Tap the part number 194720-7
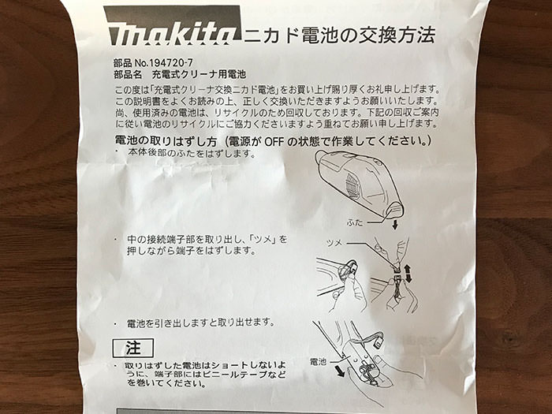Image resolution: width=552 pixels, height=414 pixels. (x=171, y=63)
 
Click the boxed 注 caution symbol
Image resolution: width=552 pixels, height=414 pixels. (x=133, y=349)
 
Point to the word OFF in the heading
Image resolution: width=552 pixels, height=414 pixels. (x=274, y=141)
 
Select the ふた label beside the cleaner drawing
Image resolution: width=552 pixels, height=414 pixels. (x=355, y=222)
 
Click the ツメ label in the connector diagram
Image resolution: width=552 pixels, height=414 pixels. (x=334, y=243)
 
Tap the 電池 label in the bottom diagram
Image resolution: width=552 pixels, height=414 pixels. (x=319, y=361)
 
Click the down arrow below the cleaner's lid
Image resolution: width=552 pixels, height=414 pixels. (x=395, y=224)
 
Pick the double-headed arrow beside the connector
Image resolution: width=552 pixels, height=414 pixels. (x=408, y=274)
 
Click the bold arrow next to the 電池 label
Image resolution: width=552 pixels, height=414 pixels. (x=339, y=371)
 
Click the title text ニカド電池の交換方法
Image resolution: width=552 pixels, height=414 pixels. (x=339, y=35)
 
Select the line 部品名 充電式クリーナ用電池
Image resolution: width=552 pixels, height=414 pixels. (x=180, y=75)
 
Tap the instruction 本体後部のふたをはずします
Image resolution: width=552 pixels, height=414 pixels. (x=191, y=153)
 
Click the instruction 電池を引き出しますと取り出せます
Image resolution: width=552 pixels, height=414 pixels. (x=200, y=323)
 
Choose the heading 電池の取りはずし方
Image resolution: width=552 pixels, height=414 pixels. (x=166, y=141)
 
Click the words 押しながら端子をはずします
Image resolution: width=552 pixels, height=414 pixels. (x=191, y=251)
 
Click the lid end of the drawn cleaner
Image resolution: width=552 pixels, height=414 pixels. (x=393, y=210)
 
